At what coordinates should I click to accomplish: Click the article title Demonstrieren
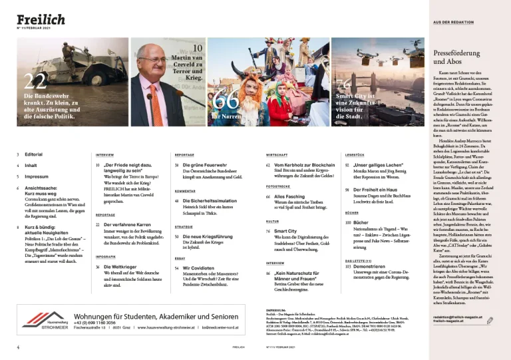pos(375,266)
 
